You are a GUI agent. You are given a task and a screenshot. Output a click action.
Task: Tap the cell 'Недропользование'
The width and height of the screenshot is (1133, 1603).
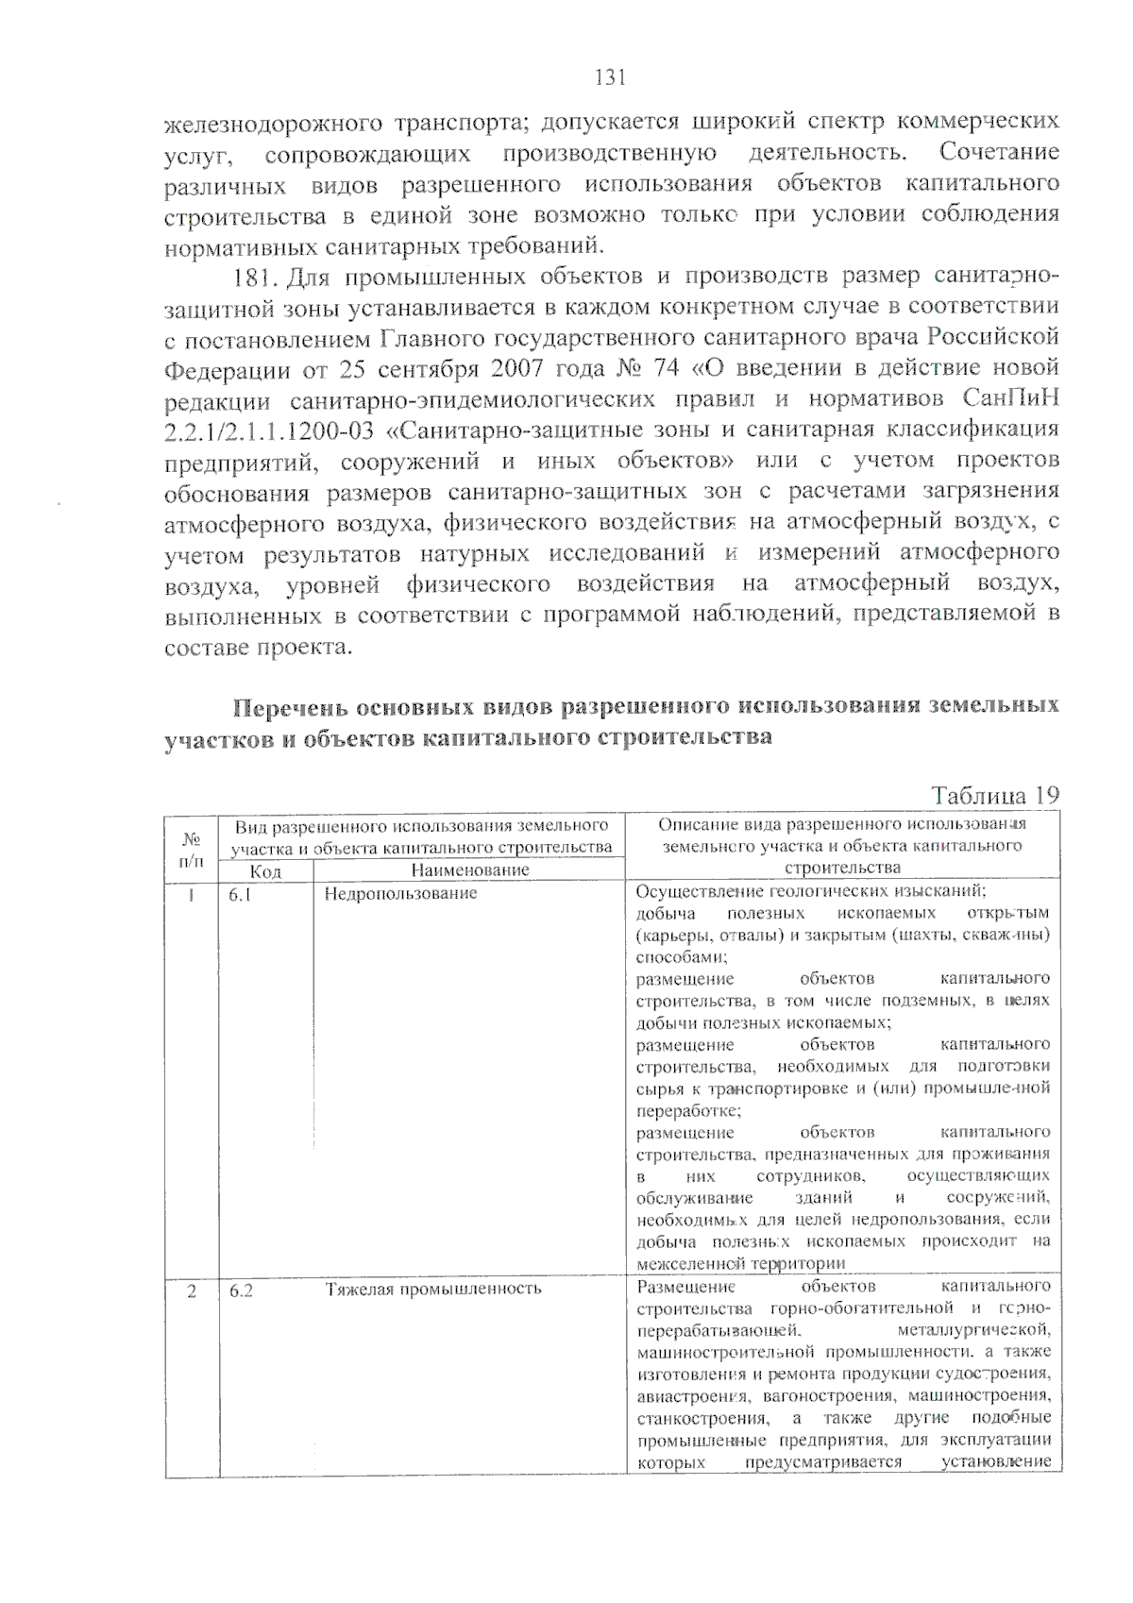point(401,893)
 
